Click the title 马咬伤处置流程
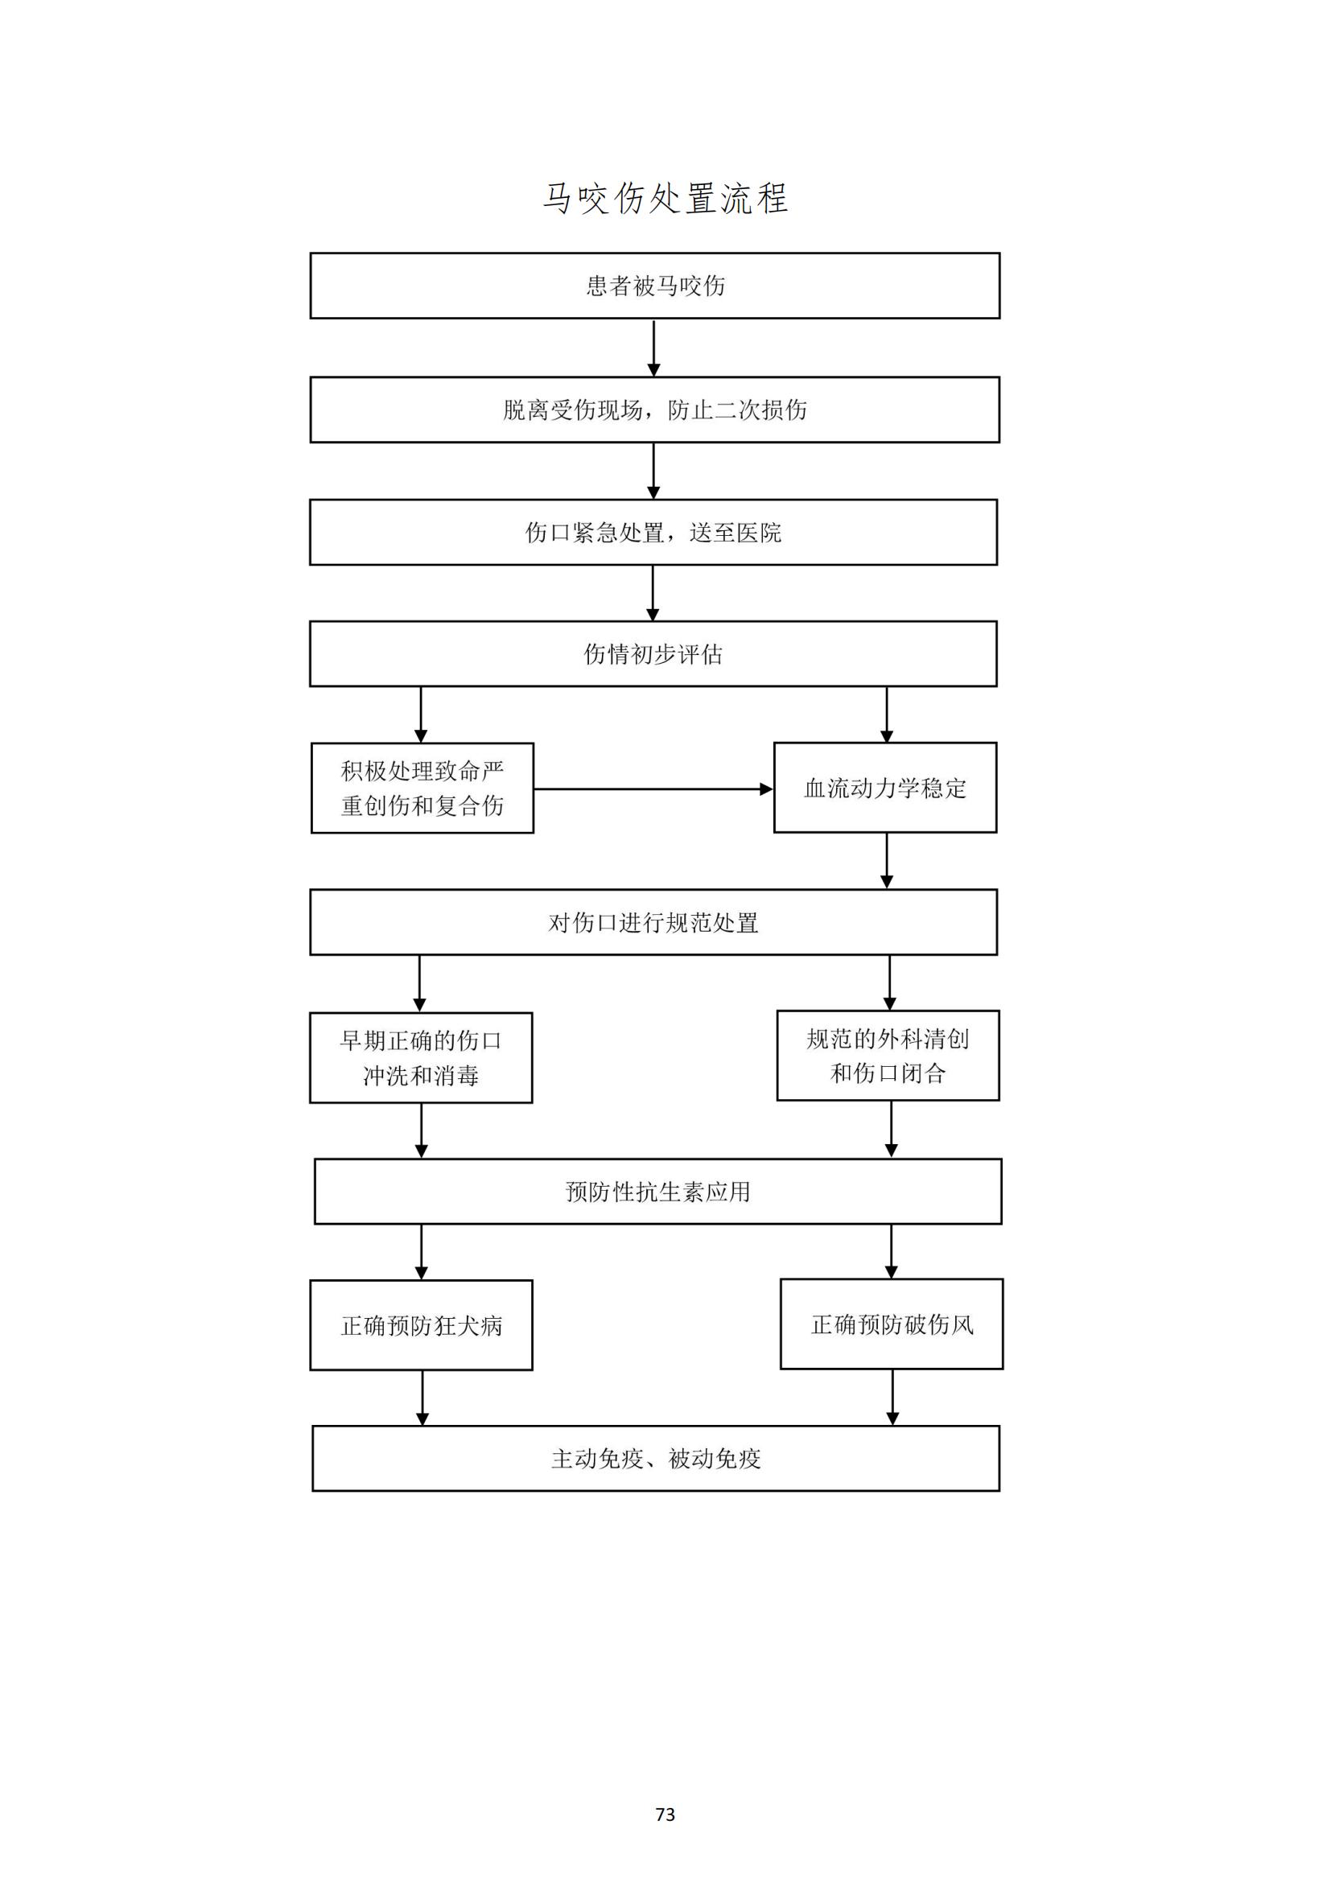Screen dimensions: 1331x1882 click(665, 199)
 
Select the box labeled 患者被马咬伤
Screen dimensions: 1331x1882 click(655, 286)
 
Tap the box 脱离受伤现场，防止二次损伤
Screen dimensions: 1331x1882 click(655, 410)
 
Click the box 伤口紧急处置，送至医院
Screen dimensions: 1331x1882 click(653, 532)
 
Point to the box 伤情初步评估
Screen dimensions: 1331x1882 click(653, 653)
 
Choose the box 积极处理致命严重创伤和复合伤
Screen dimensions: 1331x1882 click(422, 788)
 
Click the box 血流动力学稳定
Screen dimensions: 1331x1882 click(885, 788)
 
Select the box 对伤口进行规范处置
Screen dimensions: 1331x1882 click(653, 922)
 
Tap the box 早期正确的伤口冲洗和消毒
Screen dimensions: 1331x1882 click(421, 1057)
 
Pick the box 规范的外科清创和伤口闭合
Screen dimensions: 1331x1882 click(888, 1056)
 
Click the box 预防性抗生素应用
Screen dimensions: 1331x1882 click(658, 1191)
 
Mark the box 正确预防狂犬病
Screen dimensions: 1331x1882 click(421, 1325)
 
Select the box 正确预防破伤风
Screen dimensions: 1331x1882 click(892, 1324)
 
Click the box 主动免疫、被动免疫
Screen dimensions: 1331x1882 click(656, 1458)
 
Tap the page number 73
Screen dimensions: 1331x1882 click(665, 1814)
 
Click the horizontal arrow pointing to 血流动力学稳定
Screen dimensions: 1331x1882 click(654, 789)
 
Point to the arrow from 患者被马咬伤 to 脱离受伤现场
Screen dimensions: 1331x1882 click(654, 348)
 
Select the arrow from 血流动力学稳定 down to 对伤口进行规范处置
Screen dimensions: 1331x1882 click(887, 862)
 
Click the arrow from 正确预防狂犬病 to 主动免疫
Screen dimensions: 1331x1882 click(423, 1398)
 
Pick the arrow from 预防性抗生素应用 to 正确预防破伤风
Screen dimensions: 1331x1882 click(892, 1252)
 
